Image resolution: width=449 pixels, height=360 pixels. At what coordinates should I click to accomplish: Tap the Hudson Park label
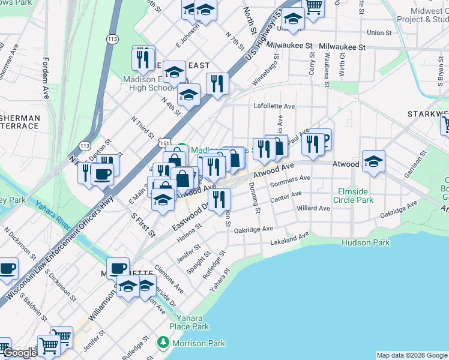366,242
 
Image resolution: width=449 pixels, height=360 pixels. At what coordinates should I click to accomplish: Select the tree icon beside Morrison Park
163,343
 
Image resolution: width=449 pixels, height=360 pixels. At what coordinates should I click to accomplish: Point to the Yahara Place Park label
188,322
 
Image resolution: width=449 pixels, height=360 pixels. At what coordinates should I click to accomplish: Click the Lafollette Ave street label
274,106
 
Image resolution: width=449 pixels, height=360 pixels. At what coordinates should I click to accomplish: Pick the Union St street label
379,32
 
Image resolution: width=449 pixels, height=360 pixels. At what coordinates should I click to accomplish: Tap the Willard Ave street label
313,208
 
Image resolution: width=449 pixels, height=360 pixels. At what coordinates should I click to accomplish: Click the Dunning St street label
255,199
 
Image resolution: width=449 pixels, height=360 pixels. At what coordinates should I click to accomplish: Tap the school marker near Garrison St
373,161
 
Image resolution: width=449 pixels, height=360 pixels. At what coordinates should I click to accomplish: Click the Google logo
20,353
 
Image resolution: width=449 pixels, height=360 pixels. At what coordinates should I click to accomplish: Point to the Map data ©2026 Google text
411,355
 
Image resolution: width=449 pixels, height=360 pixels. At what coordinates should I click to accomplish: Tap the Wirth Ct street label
342,63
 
